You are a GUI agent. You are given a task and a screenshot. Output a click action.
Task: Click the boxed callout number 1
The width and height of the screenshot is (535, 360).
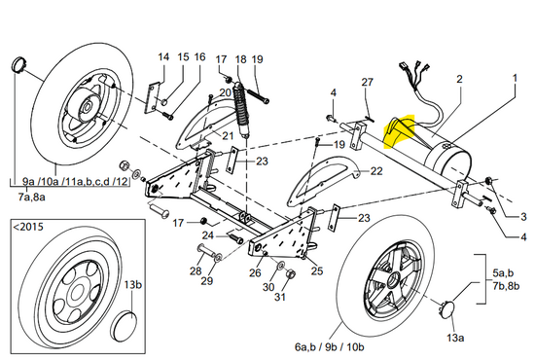coord(515,76)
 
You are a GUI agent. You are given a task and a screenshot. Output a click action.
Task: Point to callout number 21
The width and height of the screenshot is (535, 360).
coord(228,135)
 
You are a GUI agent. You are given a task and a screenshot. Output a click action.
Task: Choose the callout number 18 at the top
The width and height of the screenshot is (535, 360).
coord(241,59)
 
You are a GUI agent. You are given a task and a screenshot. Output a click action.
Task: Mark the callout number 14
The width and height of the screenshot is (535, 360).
coord(163,57)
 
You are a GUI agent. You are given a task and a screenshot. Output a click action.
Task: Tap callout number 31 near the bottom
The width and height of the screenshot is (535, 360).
coord(280,297)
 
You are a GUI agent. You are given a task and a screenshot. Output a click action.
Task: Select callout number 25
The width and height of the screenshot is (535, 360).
coord(316,271)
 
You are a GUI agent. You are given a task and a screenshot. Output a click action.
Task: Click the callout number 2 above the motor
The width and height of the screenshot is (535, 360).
coord(458,77)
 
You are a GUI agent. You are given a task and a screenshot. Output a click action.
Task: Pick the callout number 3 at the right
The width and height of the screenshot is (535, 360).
coord(522,217)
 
